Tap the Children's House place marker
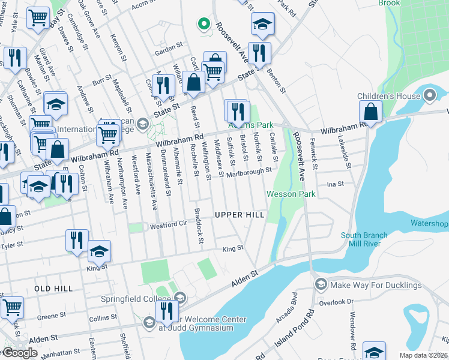click(x=430, y=95)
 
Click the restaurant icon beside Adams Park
click(x=238, y=110)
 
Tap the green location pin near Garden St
click(x=203, y=25)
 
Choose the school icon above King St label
click(x=99, y=251)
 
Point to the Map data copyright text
click(x=424, y=355)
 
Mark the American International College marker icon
click(x=143, y=124)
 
